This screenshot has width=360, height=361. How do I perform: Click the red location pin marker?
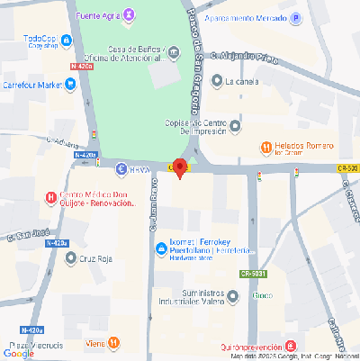pos(179,168)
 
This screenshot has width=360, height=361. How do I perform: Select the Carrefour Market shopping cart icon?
pos(70,85)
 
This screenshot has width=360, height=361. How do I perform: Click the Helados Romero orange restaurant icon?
pos(266,147)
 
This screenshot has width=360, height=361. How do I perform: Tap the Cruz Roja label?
pos(100,258)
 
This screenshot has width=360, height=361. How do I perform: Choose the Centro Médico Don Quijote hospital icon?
pos(50,197)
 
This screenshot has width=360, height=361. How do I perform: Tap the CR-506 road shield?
pos(347,167)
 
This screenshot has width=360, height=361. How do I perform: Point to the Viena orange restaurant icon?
pos(113,342)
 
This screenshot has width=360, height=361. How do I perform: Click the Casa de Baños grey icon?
pos(174,53)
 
